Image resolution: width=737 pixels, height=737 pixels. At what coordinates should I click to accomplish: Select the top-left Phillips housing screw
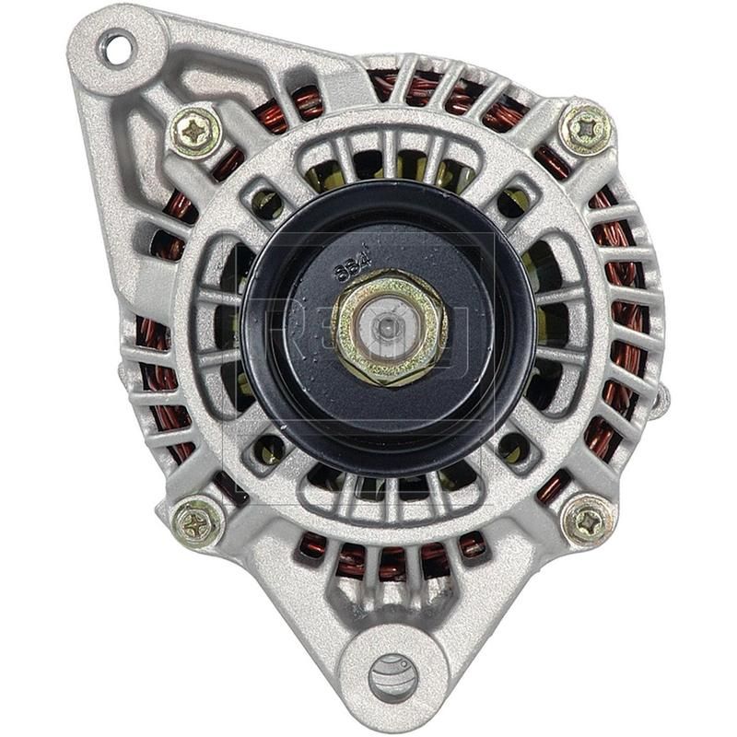(195, 133)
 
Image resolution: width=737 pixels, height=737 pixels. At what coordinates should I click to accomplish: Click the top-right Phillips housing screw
(587, 129)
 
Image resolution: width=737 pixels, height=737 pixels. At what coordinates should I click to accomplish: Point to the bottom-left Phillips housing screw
(198, 522)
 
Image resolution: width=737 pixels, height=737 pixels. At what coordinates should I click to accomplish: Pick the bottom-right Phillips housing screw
(588, 521)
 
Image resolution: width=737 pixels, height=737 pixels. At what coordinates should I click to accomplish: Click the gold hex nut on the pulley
(390, 326)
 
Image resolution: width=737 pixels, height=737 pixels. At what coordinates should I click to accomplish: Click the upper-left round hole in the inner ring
(267, 198)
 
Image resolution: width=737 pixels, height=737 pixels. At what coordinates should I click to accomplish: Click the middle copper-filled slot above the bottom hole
(393, 557)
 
